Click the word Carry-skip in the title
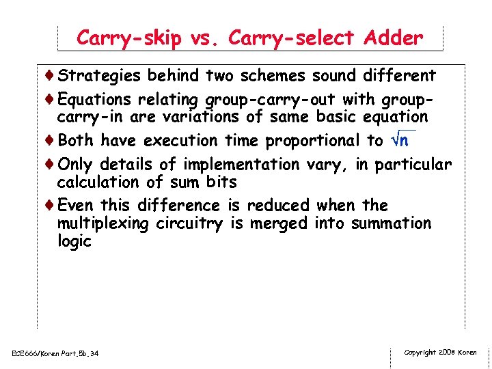[128, 38]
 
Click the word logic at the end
[74, 241]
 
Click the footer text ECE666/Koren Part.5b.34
[55, 353]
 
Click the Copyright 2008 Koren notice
[440, 352]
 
